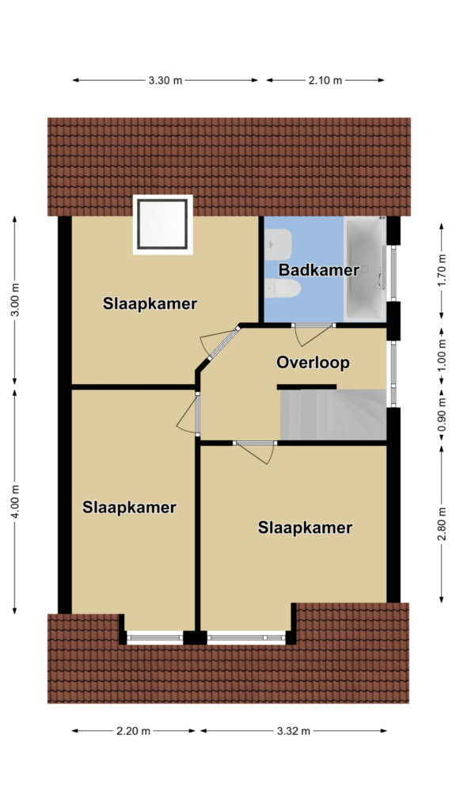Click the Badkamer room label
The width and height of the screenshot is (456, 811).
[318, 270]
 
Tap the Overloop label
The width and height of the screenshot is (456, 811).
[313, 363]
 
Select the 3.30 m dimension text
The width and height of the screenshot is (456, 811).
[165, 80]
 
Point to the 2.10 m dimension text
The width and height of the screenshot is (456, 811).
[325, 80]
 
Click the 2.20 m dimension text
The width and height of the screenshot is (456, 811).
[133, 731]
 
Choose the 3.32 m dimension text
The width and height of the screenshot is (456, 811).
[293, 731]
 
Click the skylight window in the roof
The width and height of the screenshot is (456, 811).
[162, 224]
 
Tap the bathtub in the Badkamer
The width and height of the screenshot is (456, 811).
[365, 269]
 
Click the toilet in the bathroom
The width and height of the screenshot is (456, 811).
[283, 288]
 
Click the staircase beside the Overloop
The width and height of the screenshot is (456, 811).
[333, 415]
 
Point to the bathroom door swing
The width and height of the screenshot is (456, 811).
[312, 334]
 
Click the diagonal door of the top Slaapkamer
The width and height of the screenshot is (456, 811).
[220, 344]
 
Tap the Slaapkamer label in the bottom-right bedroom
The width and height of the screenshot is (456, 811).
[305, 528]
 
